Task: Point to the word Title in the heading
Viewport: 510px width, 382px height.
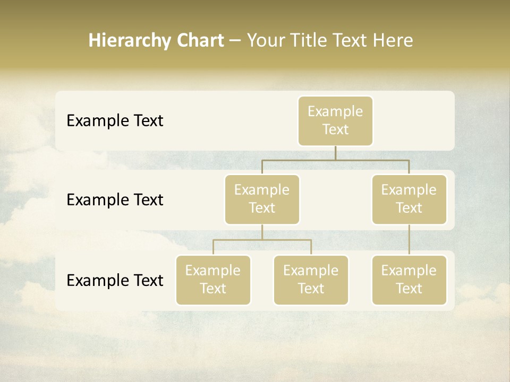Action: [310, 41]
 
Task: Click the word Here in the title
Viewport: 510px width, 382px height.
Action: [393, 41]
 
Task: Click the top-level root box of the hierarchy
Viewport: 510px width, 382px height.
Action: [335, 120]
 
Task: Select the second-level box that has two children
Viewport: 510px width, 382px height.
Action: [262, 199]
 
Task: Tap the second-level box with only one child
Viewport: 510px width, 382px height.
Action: [409, 199]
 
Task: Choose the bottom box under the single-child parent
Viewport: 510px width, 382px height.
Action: [409, 280]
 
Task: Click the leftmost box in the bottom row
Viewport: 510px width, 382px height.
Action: [213, 280]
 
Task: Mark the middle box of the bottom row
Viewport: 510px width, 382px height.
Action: [311, 280]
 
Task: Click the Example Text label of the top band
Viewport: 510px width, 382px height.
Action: [115, 120]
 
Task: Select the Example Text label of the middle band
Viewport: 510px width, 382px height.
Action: [115, 199]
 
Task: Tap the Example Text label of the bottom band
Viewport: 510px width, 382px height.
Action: [115, 280]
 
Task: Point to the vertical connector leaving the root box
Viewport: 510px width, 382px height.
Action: [335, 153]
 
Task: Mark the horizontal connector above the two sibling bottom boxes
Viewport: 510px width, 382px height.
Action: [262, 240]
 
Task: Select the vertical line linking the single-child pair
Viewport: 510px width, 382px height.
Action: [409, 239]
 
